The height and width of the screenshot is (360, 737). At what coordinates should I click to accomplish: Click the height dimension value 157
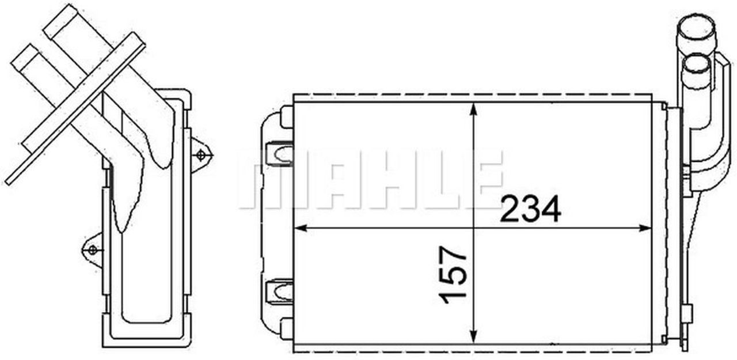(453, 274)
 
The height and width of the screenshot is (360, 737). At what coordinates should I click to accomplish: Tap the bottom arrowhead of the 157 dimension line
(473, 338)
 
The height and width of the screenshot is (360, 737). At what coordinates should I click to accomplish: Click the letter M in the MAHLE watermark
(269, 179)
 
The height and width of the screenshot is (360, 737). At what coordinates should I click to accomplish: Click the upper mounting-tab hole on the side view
(200, 154)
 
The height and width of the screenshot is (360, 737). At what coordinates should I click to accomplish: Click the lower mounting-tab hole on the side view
(92, 249)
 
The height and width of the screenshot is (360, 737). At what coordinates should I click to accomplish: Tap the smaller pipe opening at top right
(696, 63)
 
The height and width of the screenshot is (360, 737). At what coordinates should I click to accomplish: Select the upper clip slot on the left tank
(280, 154)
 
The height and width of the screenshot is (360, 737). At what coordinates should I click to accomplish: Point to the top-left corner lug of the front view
(286, 117)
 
